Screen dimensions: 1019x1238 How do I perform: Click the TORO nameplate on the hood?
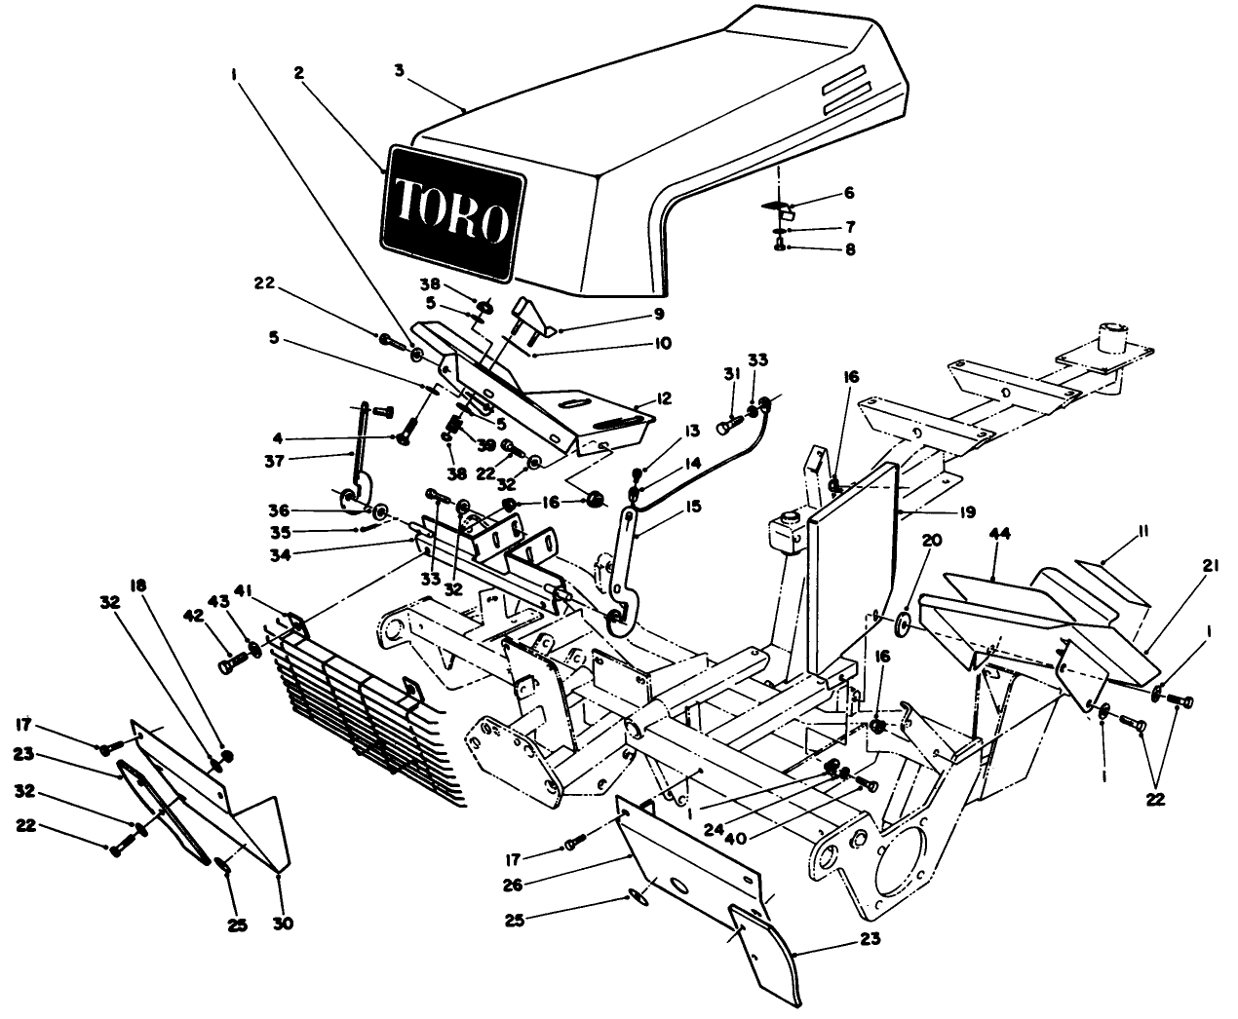pos(452,209)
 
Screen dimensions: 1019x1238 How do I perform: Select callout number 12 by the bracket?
pos(664,399)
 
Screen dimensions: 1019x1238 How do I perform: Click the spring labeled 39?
pos(454,427)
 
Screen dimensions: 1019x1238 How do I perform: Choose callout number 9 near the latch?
pos(658,314)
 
